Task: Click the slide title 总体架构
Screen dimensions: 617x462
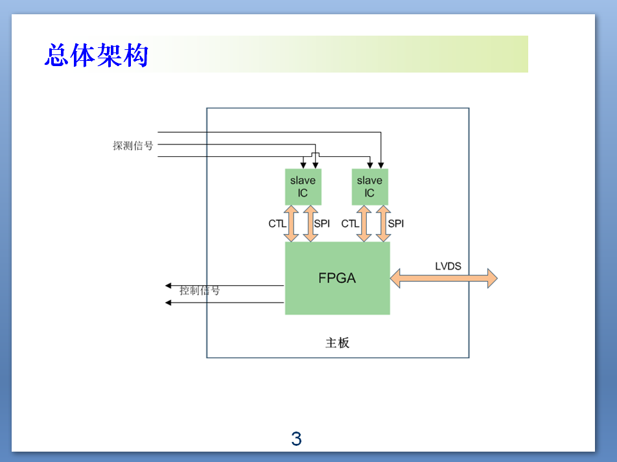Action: coord(97,55)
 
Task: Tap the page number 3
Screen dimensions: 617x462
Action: coord(296,439)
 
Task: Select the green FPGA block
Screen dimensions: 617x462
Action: coord(337,278)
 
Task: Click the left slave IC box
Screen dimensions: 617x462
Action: coord(303,187)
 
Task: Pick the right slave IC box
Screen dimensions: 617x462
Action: coord(370,187)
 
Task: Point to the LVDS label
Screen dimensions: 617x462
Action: coord(448,266)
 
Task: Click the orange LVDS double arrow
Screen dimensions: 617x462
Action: coord(443,278)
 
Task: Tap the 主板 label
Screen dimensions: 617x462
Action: coord(337,343)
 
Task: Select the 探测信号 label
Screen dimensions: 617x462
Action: coord(133,146)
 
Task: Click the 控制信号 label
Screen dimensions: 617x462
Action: coord(200,290)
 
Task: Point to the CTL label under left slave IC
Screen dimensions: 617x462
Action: coord(277,224)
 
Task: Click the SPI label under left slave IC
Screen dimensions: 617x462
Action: coord(322,224)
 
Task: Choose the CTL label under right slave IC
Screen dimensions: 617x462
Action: coord(350,224)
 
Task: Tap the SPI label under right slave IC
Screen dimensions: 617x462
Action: coord(396,224)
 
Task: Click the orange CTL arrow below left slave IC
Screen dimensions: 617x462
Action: coord(291,224)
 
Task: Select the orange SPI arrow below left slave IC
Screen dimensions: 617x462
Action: coord(310,224)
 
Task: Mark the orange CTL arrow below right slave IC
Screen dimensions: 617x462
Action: coord(364,224)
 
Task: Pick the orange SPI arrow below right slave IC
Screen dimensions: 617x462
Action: coord(383,224)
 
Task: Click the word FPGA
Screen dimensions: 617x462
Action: coord(337,278)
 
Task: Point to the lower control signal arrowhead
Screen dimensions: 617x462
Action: coord(168,303)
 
